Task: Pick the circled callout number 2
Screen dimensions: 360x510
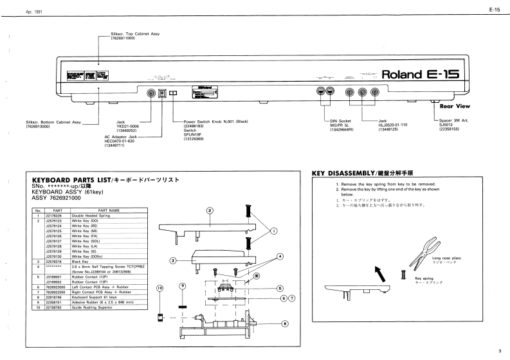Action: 210,210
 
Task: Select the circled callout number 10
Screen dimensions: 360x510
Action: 160,289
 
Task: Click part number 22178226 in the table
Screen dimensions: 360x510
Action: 53,215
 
